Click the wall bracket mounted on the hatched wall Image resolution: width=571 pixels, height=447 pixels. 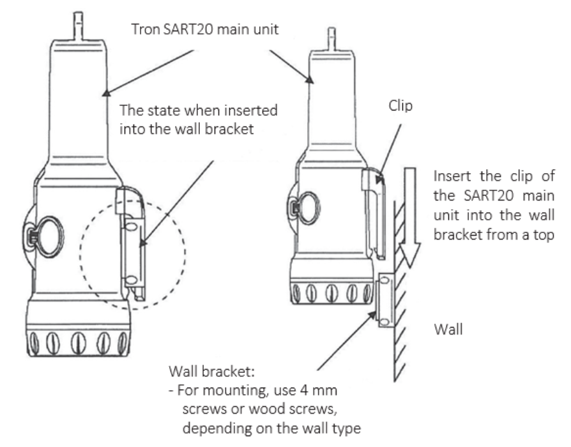385,300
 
